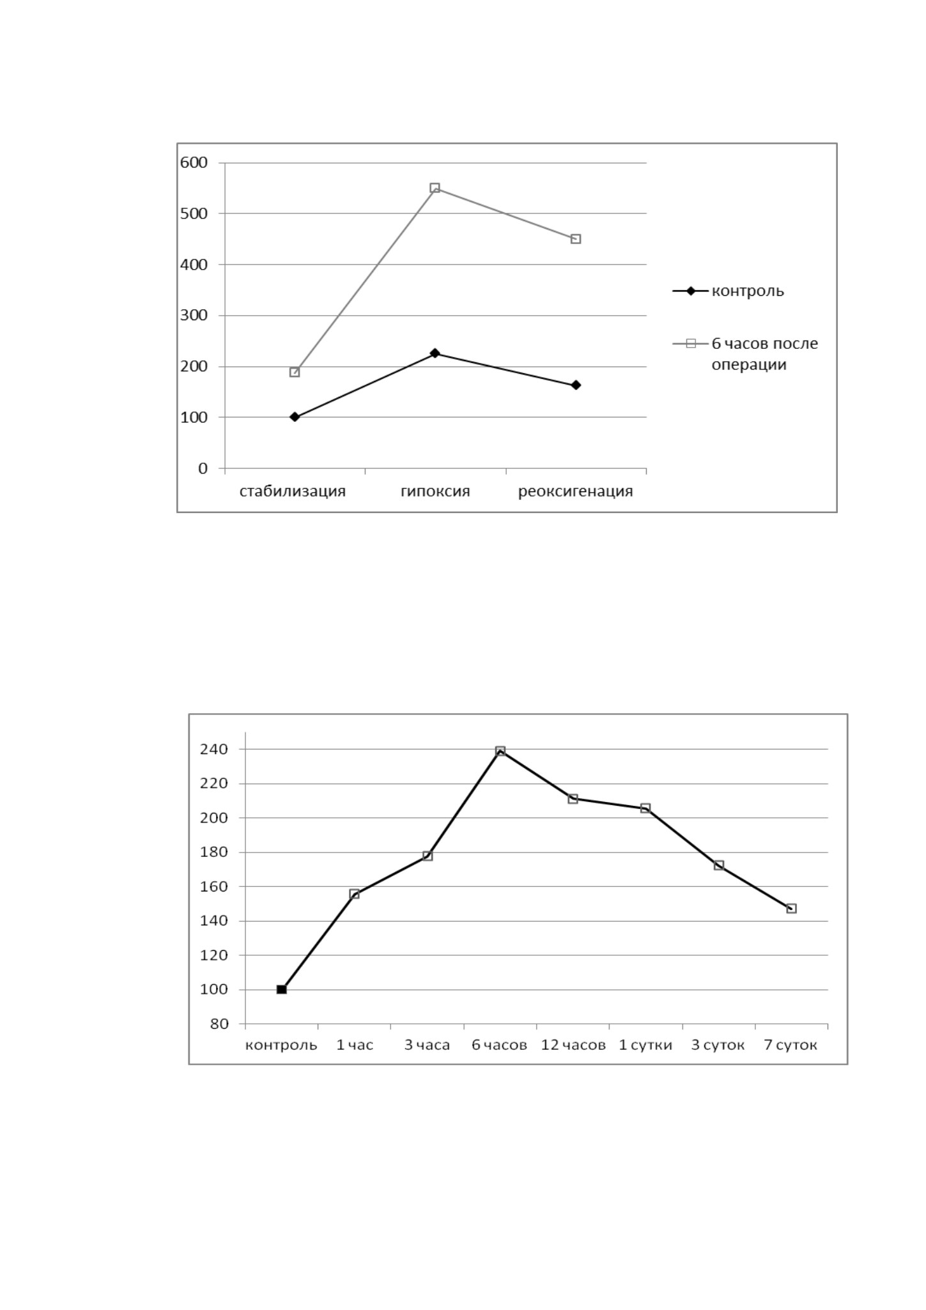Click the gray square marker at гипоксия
click(435, 188)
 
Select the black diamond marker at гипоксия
click(435, 353)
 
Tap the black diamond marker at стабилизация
click(295, 417)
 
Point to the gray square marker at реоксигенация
click(576, 239)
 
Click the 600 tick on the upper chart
click(194, 162)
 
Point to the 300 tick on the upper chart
click(194, 315)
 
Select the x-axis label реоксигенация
click(576, 491)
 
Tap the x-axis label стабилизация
click(293, 491)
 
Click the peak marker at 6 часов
click(500, 751)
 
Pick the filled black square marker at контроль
click(282, 989)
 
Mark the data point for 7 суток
click(792, 908)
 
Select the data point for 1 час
click(355, 894)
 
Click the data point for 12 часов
click(573, 799)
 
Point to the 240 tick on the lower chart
click(214, 749)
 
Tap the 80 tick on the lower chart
click(219, 1024)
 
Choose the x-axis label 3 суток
click(718, 1045)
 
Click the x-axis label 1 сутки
click(645, 1045)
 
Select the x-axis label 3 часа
click(427, 1045)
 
